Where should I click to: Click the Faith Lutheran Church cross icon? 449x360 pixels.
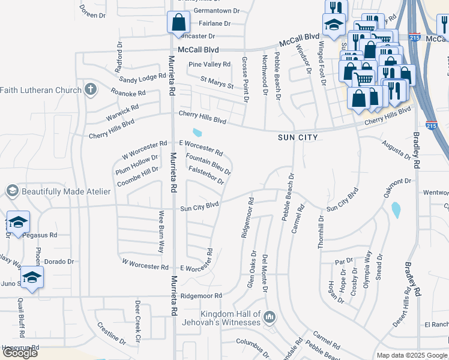[91, 90]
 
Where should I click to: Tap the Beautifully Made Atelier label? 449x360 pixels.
[66, 191]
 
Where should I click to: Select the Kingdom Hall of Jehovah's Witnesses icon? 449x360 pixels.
[270, 316]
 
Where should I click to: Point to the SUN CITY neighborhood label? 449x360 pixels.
[297, 137]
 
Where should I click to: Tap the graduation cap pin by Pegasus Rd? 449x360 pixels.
[18, 221]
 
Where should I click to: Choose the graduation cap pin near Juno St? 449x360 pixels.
[32, 277]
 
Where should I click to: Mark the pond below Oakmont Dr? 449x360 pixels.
[396, 210]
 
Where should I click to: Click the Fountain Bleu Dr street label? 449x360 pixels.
[208, 164]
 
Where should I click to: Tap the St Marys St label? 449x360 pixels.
[217, 82]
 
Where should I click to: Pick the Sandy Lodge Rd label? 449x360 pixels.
[142, 78]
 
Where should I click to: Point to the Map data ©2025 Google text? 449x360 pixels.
[412, 355]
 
